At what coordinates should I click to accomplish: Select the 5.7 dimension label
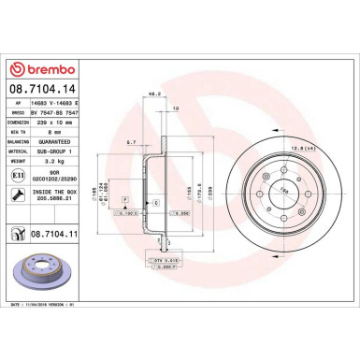pyautogui.click(x=131, y=142)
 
